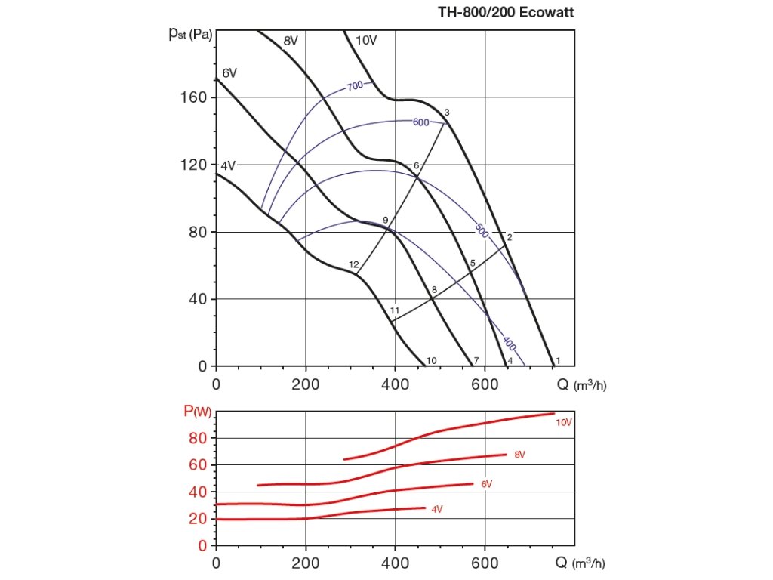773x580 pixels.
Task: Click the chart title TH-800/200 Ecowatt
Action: [511, 13]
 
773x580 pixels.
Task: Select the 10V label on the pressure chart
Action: [365, 41]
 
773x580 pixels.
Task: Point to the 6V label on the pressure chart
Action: [229, 73]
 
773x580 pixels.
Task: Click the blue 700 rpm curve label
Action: [356, 86]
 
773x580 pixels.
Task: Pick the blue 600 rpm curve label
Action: [420, 122]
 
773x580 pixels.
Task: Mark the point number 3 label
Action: [447, 113]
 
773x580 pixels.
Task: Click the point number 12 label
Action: [353, 264]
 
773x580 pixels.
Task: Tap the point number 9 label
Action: [385, 220]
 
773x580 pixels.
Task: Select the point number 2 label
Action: [510, 237]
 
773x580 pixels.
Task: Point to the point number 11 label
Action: [395, 310]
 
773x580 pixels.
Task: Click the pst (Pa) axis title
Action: [190, 35]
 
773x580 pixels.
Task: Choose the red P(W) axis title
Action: [198, 412]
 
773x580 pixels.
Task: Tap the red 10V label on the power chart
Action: [564, 423]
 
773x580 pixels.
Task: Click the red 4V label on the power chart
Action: [436, 510]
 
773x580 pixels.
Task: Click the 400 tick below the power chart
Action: [395, 563]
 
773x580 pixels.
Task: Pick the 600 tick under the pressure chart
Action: [485, 384]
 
